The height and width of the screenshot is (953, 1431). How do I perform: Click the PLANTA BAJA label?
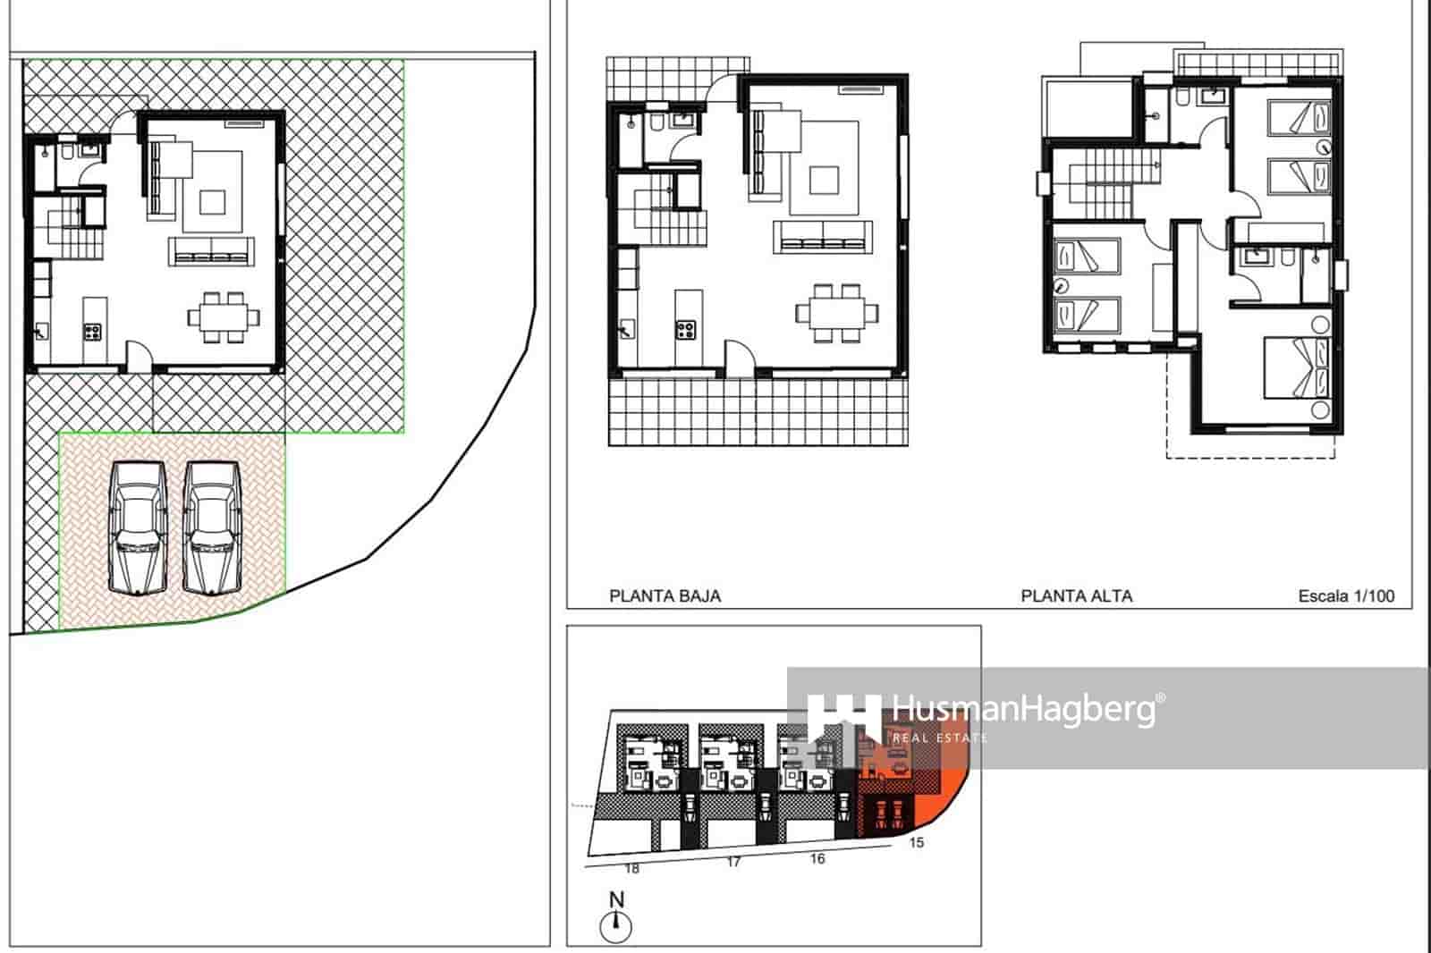[x=665, y=596]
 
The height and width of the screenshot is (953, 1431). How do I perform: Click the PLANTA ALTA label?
[x=1076, y=596]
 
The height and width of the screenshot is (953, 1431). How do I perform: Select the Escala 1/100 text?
[x=1346, y=596]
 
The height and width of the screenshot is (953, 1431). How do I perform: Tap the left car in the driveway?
[x=138, y=527]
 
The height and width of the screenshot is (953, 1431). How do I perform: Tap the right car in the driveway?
[x=212, y=527]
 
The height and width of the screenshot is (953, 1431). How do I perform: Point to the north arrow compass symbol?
[x=616, y=925]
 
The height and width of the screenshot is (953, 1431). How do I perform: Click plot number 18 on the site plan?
[x=632, y=868]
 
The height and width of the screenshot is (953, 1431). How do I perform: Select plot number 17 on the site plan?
[x=733, y=863]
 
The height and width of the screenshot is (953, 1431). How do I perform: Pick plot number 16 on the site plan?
[x=817, y=858]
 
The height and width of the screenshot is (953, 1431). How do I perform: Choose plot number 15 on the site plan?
[x=916, y=842]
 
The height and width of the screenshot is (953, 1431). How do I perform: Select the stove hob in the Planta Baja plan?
[x=685, y=329]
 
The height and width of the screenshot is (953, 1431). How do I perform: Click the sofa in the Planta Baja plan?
[x=822, y=236]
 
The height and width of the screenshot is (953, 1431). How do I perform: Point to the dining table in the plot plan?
[x=224, y=317]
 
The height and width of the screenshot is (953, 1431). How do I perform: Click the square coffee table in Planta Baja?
[x=824, y=180]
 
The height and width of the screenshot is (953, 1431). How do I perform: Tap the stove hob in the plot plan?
[x=92, y=332]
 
